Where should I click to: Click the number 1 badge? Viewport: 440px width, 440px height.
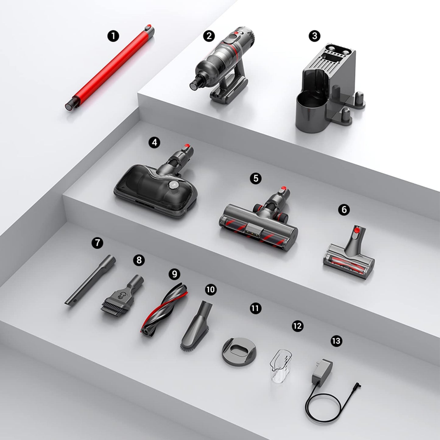(113, 37)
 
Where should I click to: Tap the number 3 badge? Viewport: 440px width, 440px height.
(315, 36)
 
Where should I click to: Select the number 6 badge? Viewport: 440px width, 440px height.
(344, 209)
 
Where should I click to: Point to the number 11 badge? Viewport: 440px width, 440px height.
(255, 308)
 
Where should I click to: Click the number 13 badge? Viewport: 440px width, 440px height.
(336, 341)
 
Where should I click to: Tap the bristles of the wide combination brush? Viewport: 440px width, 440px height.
(114, 308)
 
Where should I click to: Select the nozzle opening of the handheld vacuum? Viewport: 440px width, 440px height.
(194, 86)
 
